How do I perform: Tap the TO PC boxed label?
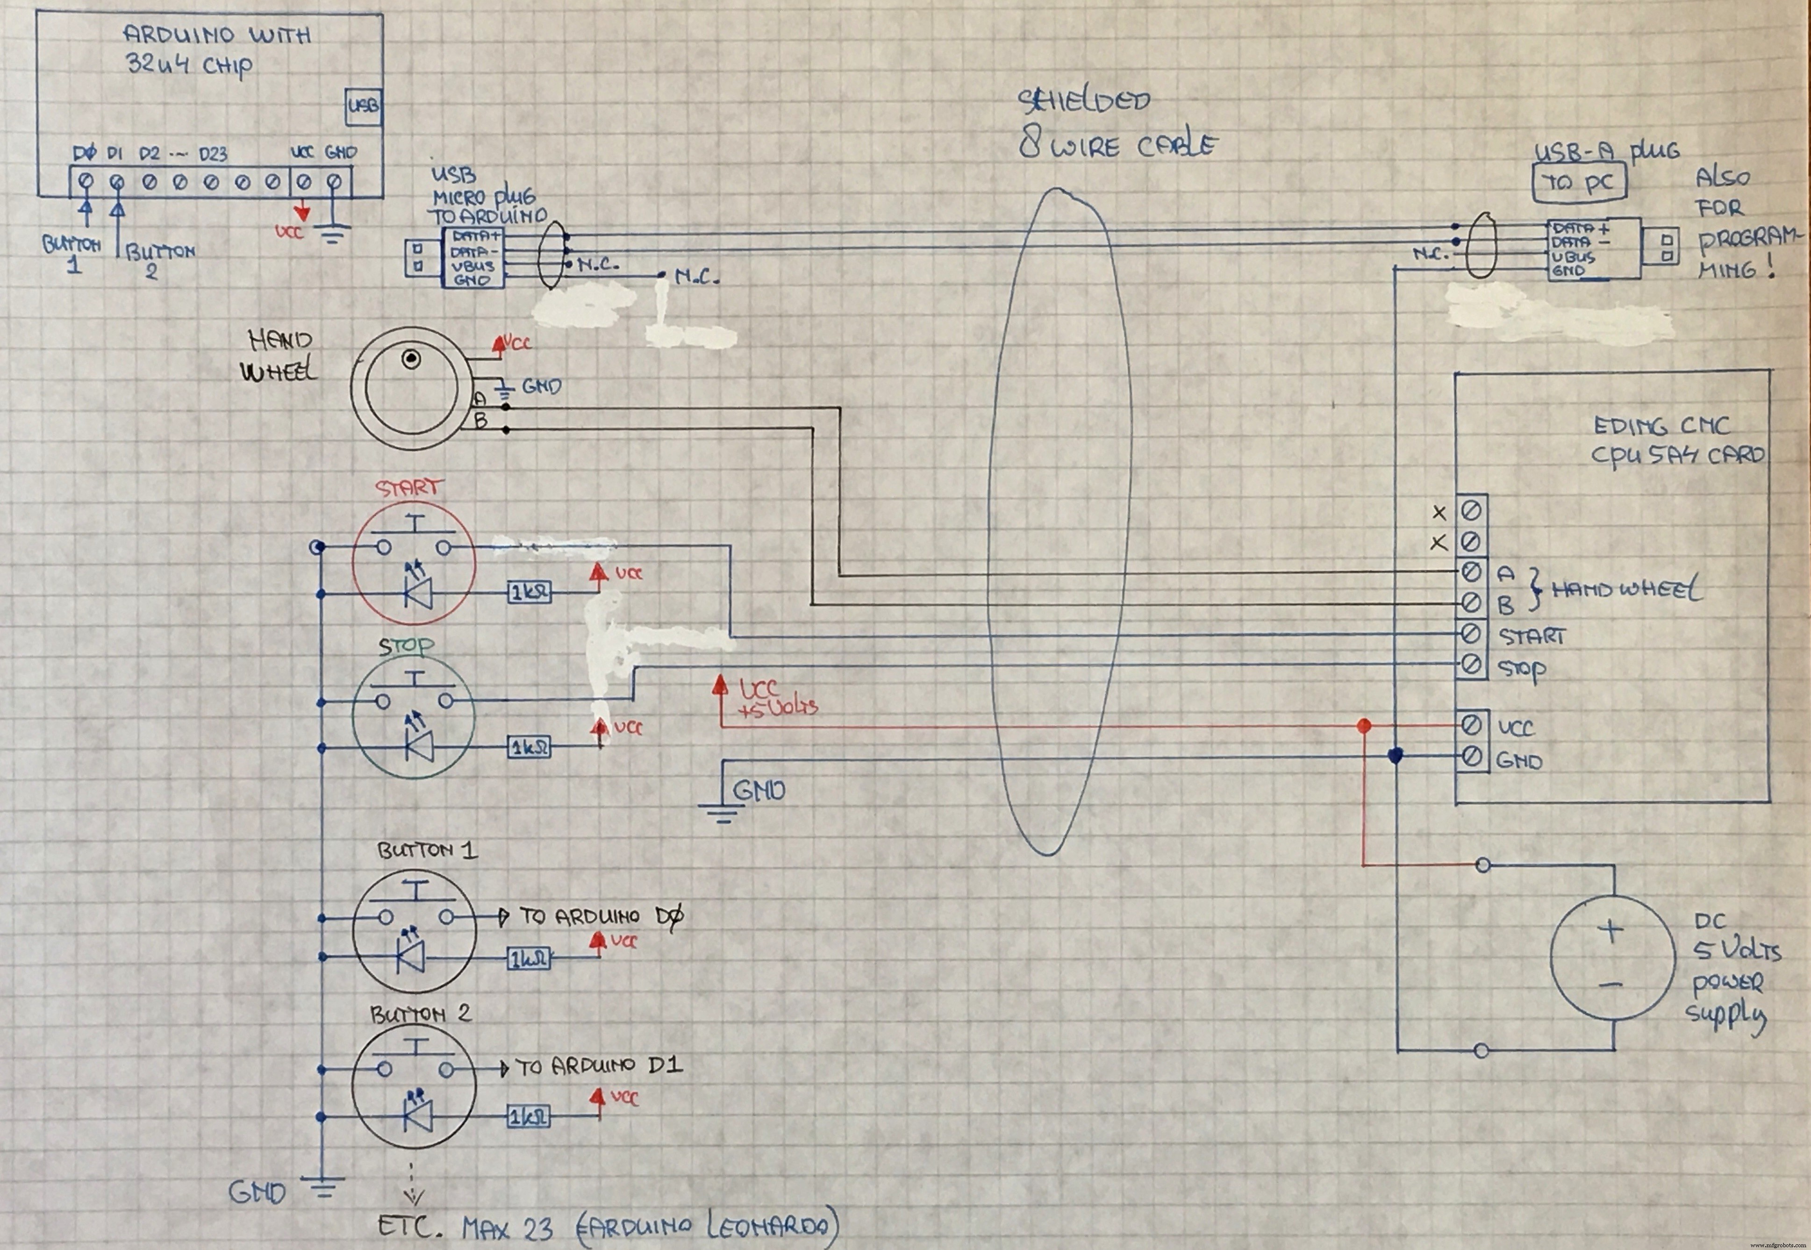tap(1578, 183)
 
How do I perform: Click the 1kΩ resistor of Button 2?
tap(528, 1116)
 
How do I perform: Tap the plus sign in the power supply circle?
tap(1611, 931)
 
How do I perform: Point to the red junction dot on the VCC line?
tap(1364, 726)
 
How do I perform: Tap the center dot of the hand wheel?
tap(410, 359)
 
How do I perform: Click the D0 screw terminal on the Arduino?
tap(86, 182)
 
